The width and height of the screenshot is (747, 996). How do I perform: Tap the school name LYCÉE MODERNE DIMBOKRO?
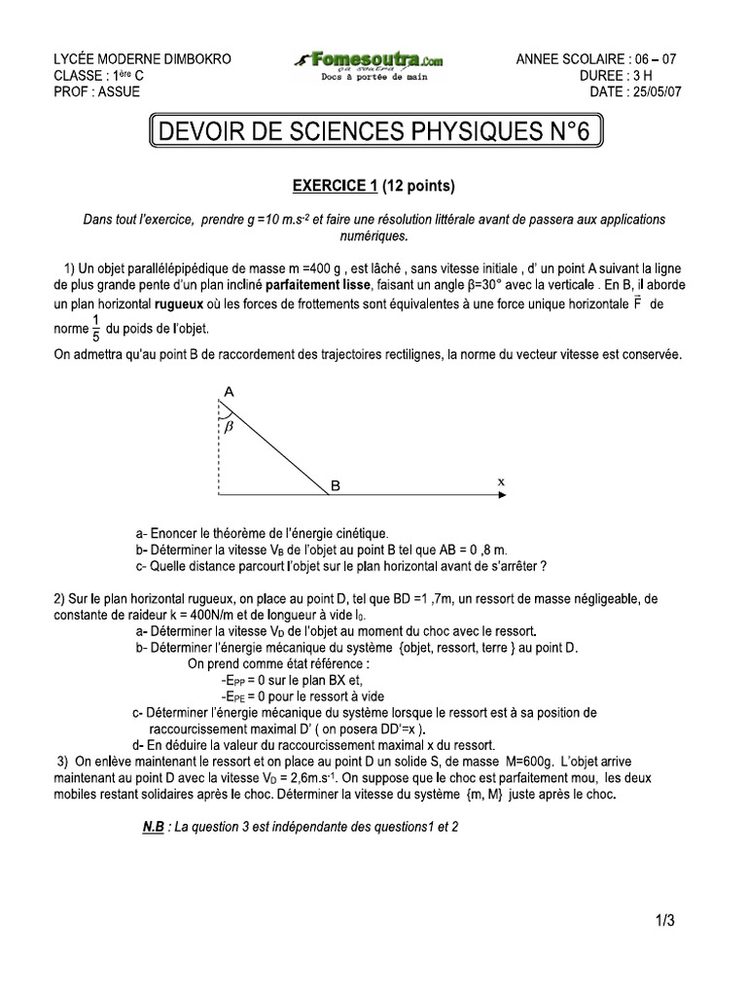point(142,59)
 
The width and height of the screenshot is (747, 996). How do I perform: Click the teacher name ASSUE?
point(119,92)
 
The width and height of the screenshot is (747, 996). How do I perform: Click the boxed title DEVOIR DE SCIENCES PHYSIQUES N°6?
point(374,133)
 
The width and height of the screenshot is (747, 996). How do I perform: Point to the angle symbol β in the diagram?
point(230,425)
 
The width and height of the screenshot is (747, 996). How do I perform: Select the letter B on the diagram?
point(335,485)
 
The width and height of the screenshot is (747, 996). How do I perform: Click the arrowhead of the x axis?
point(500,496)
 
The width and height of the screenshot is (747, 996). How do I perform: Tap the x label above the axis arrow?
point(502,481)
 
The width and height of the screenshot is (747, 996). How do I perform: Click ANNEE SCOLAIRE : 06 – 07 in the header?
point(596,59)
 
